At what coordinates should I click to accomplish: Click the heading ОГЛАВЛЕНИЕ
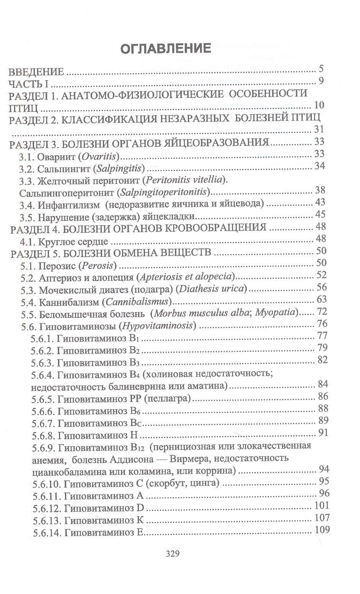(x=166, y=49)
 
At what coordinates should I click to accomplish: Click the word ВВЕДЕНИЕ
(x=36, y=72)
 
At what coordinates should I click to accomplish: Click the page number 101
(x=321, y=505)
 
